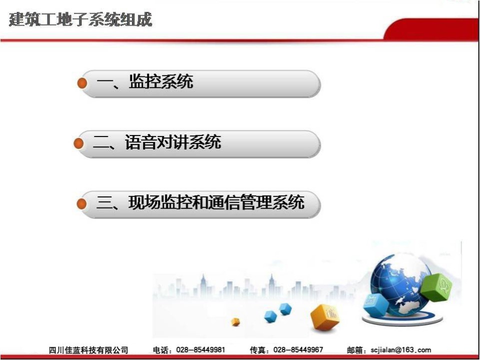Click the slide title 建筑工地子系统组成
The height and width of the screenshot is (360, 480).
pyautogui.click(x=80, y=19)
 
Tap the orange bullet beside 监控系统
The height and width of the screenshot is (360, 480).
pyautogui.click(x=82, y=82)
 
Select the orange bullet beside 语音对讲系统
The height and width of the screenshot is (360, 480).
pyautogui.click(x=78, y=143)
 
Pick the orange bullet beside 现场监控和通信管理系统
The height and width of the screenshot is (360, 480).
pyautogui.click(x=81, y=203)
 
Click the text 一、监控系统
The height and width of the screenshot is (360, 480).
pyautogui.click(x=145, y=81)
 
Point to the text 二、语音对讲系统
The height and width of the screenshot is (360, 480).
pyautogui.click(x=156, y=142)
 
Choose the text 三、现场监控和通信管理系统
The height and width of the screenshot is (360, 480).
pyautogui.click(x=200, y=202)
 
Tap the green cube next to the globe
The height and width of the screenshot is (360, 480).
pyautogui.click(x=436, y=287)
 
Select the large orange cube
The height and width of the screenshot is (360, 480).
pyautogui.click(x=325, y=317)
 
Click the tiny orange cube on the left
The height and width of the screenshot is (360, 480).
pyautogui.click(x=235, y=321)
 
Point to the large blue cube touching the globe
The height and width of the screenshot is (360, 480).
pyautogui.click(x=376, y=304)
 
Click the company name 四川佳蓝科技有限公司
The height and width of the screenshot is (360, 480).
pyautogui.click(x=88, y=350)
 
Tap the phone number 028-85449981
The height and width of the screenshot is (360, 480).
pyautogui.click(x=200, y=349)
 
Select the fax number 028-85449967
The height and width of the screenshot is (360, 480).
pyautogui.click(x=298, y=349)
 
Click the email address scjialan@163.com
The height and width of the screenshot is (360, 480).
pyautogui.click(x=400, y=350)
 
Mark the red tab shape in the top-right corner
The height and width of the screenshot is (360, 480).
pyautogui.click(x=431, y=29)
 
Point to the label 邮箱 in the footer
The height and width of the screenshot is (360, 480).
pyautogui.click(x=355, y=350)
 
